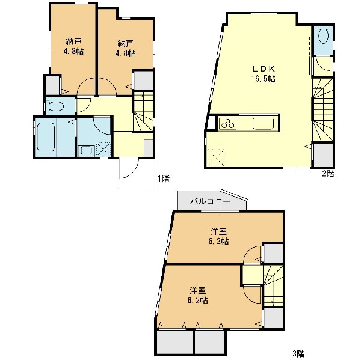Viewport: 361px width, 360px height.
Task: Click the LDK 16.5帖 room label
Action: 263,74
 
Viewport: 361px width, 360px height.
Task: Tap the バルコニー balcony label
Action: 211,202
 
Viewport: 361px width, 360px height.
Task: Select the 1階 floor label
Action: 164,178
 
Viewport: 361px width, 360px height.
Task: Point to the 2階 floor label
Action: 328,174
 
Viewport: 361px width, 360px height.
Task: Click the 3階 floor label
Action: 298,353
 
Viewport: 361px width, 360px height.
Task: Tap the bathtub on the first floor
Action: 46,137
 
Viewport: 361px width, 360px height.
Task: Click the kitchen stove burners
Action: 228,124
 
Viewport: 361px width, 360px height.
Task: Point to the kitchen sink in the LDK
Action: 263,124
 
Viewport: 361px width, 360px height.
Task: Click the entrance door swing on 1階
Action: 128,169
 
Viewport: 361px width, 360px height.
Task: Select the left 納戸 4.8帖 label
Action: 73,46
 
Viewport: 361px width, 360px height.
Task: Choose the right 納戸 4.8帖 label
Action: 126,49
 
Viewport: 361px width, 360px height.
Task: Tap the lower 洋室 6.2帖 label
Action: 198,295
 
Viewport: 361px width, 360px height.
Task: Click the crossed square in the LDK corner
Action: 216,158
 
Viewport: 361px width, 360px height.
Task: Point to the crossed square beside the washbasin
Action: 103,150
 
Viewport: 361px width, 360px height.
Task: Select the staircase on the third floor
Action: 273,285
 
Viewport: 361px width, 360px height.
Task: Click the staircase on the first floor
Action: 143,111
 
